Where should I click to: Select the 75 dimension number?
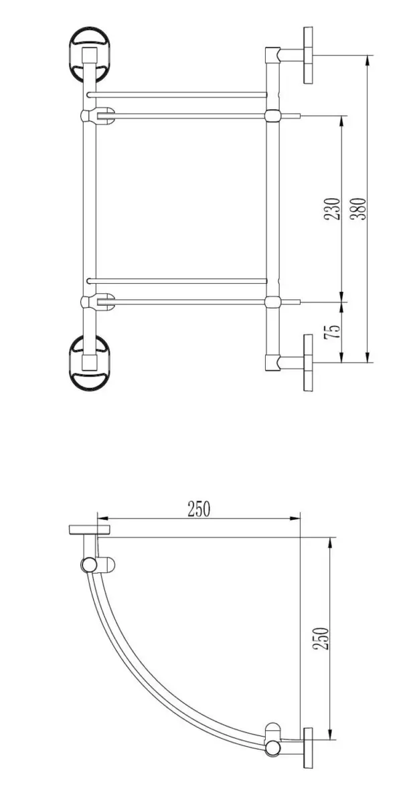coord(331,332)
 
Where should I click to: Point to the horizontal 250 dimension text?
coord(199,509)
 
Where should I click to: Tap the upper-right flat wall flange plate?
coord(308,55)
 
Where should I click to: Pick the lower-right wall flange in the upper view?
coord(308,363)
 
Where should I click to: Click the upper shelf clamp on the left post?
coord(98,115)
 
